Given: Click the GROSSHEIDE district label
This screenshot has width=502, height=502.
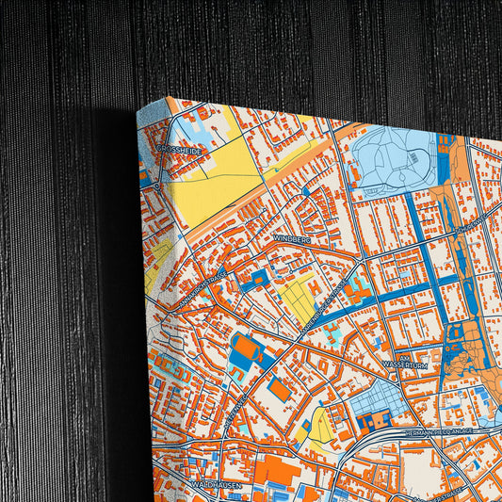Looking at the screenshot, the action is tap(177, 149).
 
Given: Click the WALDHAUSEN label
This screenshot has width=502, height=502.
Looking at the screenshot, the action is tap(217, 484).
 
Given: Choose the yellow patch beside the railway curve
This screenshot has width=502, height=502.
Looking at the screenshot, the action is tap(318, 429).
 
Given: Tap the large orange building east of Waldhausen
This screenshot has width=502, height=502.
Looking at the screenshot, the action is tap(274, 470).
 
